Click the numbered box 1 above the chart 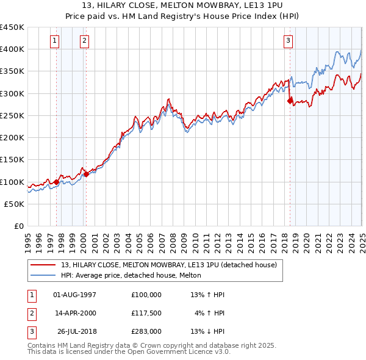click(55, 41)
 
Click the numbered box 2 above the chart click(84, 41)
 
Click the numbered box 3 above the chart click(288, 41)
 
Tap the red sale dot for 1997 click(56, 182)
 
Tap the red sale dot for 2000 click(86, 174)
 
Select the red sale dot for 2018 click(290, 101)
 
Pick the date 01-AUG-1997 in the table click(74, 295)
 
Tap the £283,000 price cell click(146, 331)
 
